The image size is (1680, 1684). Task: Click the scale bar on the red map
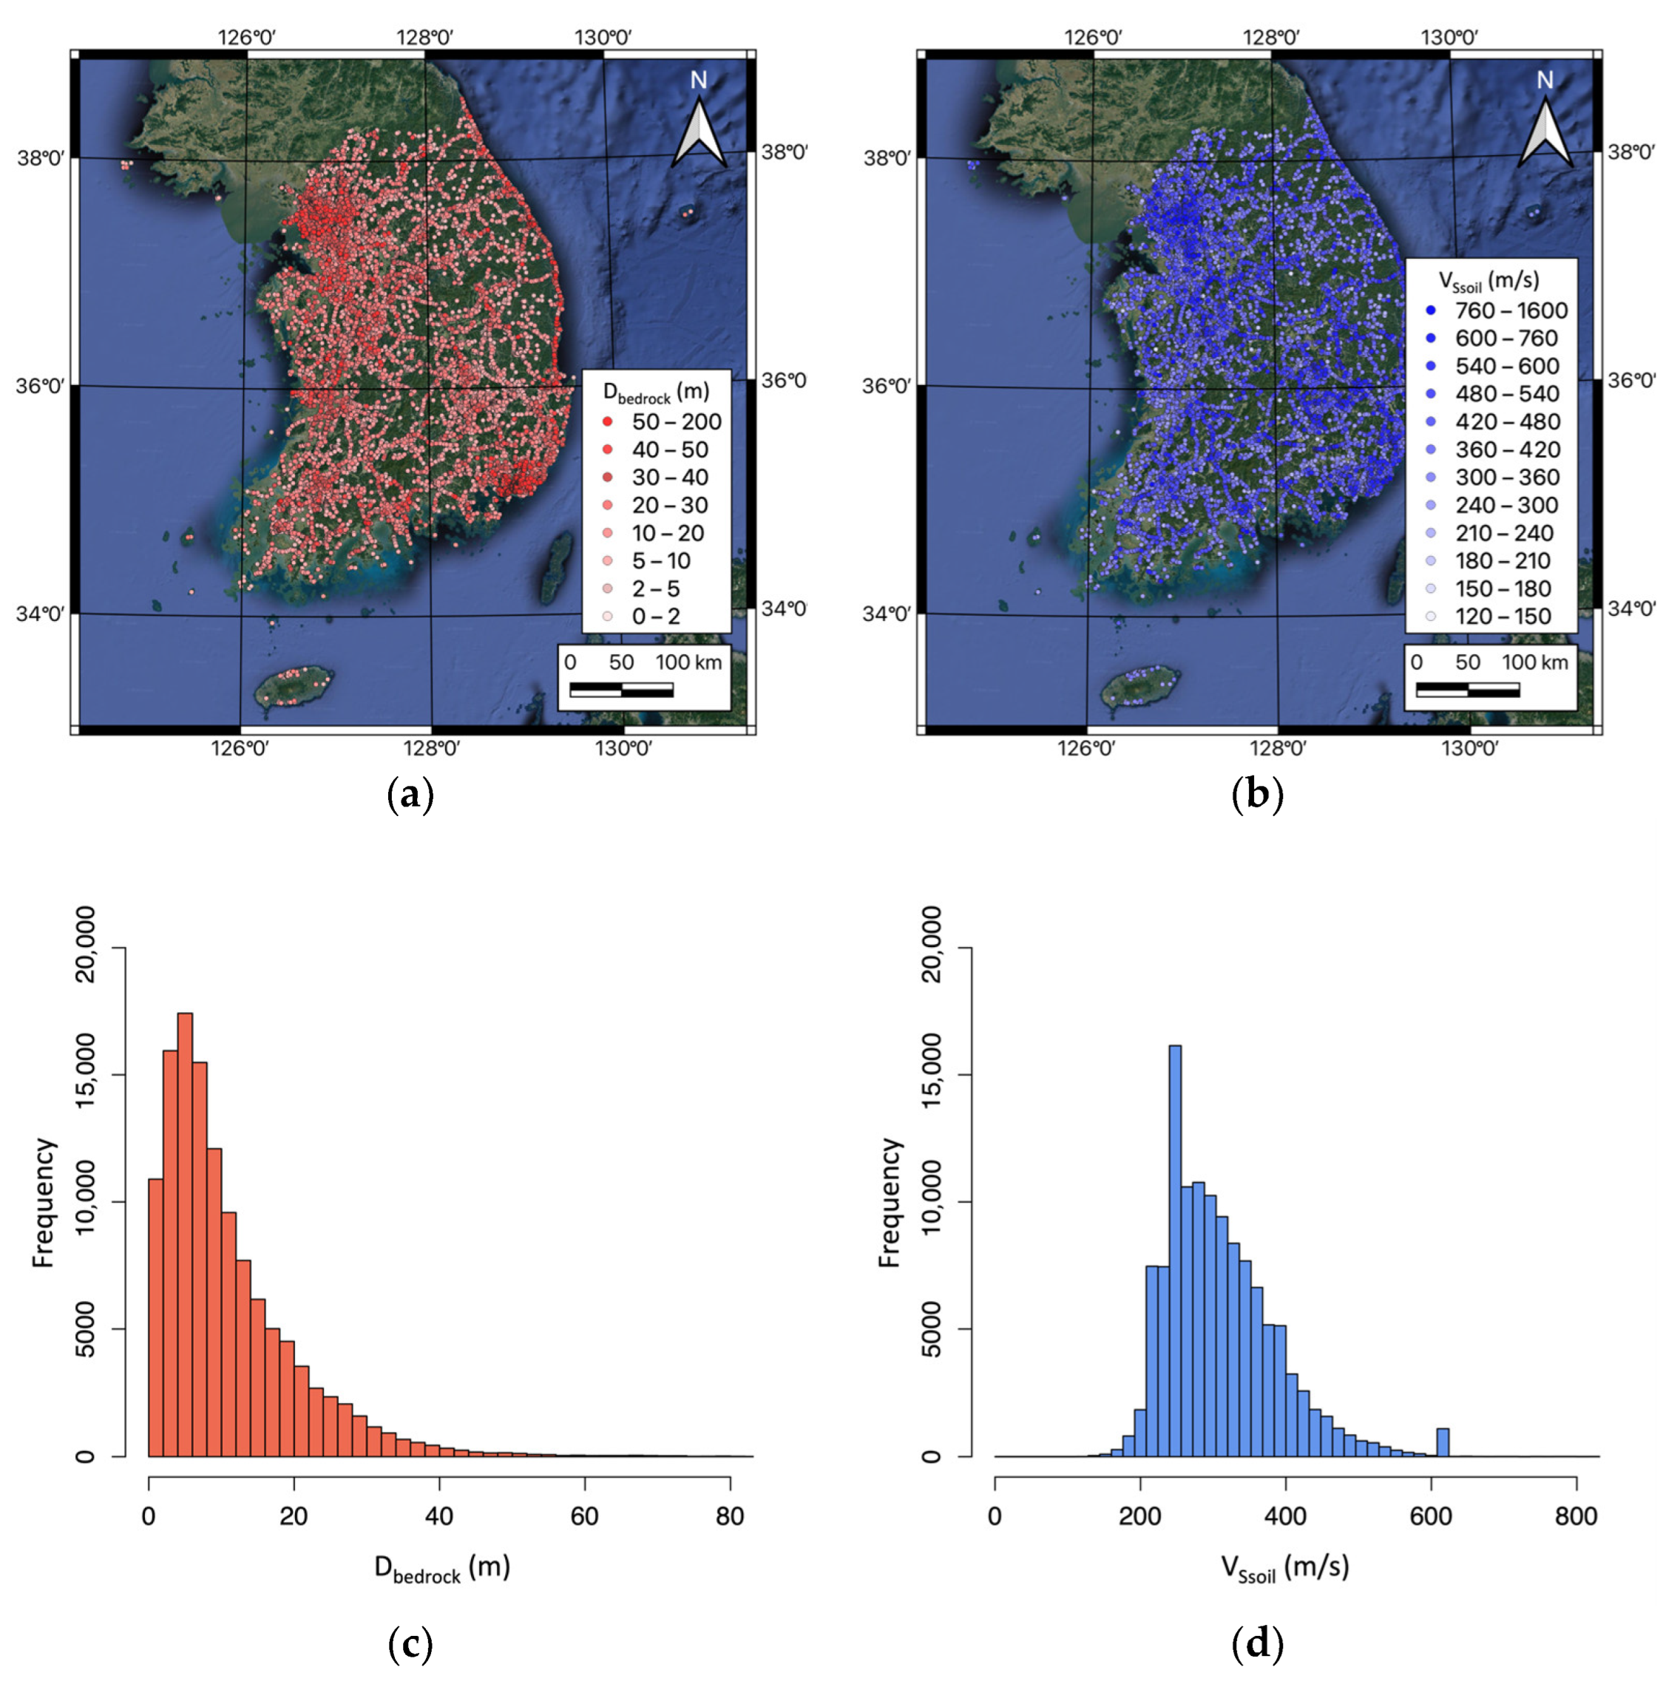click(x=620, y=690)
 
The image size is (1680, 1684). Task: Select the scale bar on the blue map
click(x=1467, y=690)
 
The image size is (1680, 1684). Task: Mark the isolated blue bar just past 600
click(x=1443, y=1442)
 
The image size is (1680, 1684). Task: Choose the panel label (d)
click(x=1257, y=1644)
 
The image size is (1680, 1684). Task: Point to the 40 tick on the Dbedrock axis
click(x=439, y=1515)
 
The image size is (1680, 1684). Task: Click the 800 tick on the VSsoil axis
click(x=1576, y=1515)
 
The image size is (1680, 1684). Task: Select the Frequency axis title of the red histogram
click(x=44, y=1203)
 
